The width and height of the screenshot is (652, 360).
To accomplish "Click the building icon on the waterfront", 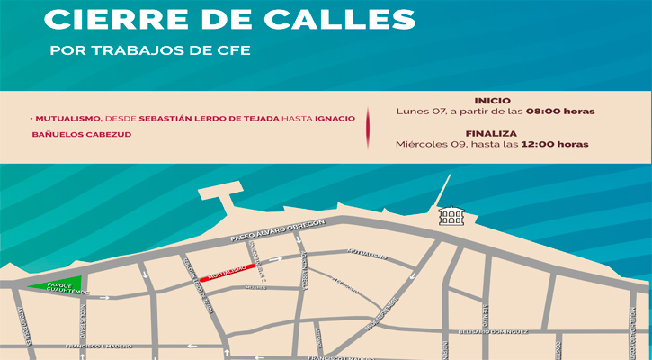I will pyautogui.click(x=451, y=216).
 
